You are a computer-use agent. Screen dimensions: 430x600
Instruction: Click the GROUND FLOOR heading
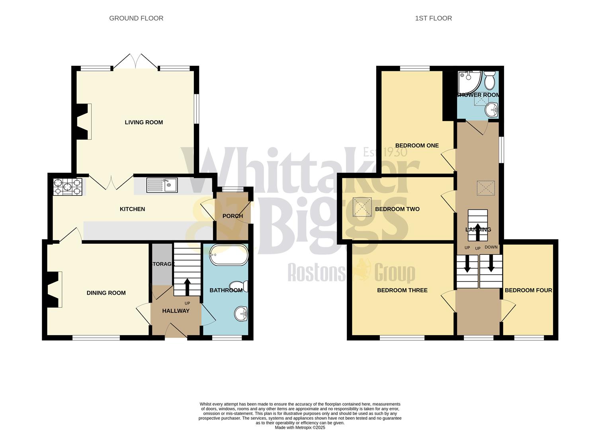tap(136, 18)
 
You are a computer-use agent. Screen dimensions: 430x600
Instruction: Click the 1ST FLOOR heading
tap(433, 18)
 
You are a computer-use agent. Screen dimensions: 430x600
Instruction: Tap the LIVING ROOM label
tap(144, 122)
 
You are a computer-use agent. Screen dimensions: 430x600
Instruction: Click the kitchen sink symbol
tap(162, 185)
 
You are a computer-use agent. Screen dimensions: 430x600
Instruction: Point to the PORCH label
tap(233, 216)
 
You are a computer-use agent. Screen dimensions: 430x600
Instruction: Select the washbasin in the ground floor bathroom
tap(241, 313)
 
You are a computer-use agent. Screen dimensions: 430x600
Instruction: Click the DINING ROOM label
tap(106, 293)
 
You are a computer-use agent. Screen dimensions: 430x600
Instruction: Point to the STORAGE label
tap(162, 264)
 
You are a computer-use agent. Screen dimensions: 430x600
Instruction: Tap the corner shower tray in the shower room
tap(469, 81)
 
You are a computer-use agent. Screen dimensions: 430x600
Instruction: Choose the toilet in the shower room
tap(489, 81)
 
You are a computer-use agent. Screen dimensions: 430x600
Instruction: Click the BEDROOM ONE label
tap(417, 146)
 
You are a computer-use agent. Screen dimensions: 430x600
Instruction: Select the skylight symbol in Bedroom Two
tap(362, 207)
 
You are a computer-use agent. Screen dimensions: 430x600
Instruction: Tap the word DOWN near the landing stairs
tap(491, 247)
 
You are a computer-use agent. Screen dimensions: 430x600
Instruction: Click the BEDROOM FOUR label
tap(528, 290)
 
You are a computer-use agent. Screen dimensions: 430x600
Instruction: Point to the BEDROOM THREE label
tap(402, 290)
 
